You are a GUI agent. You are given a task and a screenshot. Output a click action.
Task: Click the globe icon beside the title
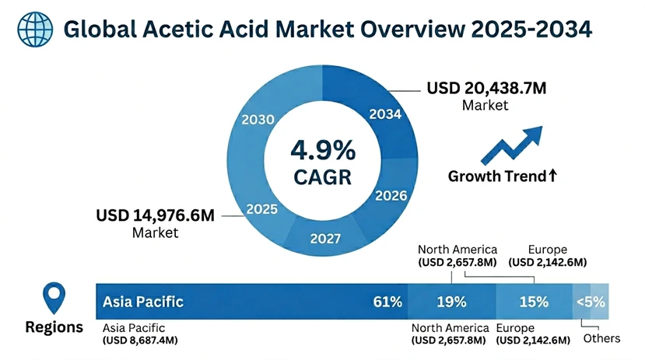pos(31,29)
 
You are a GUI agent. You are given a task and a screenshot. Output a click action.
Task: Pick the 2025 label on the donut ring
pos(262,208)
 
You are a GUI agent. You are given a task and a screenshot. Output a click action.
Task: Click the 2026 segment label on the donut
pos(391,194)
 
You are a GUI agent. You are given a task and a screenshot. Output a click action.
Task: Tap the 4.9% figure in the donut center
pos(322,149)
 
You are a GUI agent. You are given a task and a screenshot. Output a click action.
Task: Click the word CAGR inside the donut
pos(322,177)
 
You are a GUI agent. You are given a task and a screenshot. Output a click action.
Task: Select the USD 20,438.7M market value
pos(486,89)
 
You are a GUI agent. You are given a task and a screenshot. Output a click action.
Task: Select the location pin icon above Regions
pos(53,298)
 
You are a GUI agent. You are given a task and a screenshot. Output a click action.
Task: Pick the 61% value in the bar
pos(387,301)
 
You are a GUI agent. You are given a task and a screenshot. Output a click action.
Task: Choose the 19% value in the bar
pos(451,301)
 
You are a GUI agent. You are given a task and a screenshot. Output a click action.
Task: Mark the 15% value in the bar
pos(534,301)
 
